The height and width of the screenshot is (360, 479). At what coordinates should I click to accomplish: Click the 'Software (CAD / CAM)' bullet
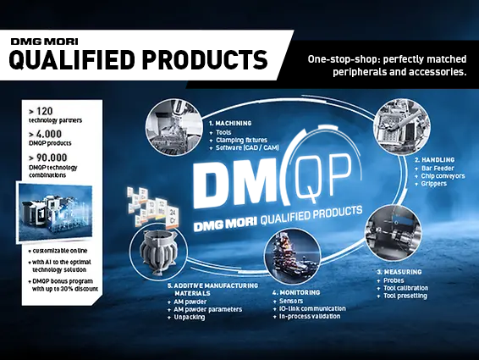pos(249,149)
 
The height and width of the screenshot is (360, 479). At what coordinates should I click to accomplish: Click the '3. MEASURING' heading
pos(402,272)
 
